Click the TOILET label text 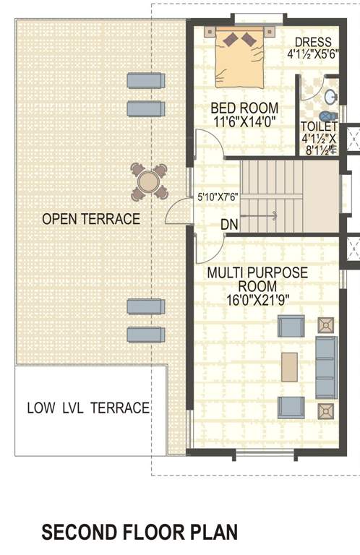(x=319, y=126)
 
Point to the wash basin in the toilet (x=330, y=96)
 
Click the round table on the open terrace (x=149, y=181)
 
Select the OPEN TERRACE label (x=90, y=219)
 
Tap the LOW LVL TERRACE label (x=88, y=408)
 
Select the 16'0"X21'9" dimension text (x=257, y=300)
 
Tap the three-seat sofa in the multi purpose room (x=326, y=368)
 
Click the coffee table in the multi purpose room (x=289, y=366)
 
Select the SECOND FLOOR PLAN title (x=140, y=533)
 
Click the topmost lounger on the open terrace (x=145, y=80)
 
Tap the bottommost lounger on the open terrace (x=146, y=334)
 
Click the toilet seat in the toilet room (x=327, y=116)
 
